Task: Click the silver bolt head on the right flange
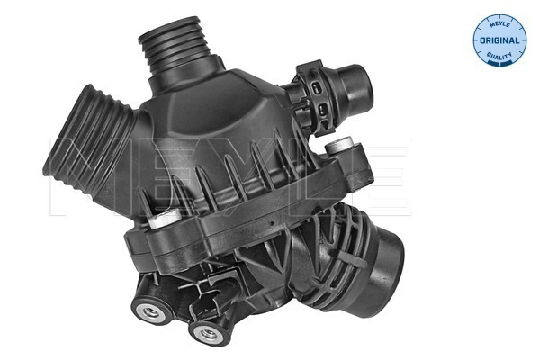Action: point(338,146)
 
